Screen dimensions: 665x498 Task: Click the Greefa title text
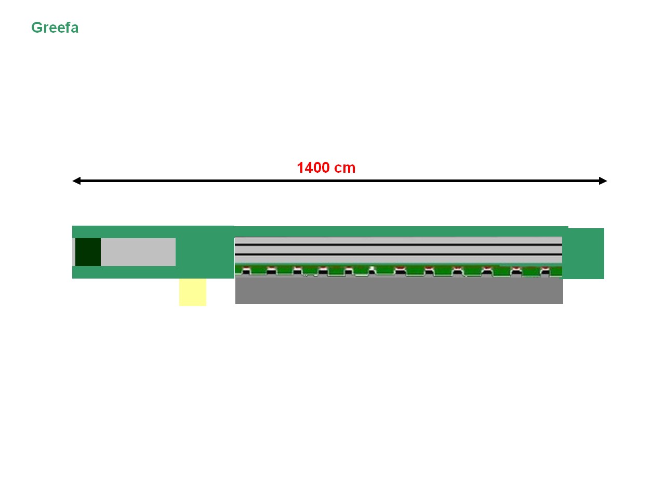coord(55,28)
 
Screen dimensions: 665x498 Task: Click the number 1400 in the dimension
coord(313,168)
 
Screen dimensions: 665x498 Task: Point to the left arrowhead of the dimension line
coord(76,181)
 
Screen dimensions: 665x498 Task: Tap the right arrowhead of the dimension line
coord(603,181)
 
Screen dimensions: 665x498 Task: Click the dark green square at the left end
coord(88,252)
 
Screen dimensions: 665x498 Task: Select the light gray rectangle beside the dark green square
coord(138,252)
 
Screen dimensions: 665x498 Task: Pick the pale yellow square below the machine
coord(193,293)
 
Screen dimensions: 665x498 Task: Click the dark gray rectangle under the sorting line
coord(399,291)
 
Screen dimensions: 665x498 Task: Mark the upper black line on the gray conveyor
coord(398,245)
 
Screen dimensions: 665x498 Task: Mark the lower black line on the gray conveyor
coord(398,255)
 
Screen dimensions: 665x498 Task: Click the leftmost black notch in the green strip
coord(246,272)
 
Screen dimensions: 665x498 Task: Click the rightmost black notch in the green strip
coord(545,272)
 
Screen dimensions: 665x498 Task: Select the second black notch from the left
coord(271,272)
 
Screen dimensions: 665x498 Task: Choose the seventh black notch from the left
coord(400,272)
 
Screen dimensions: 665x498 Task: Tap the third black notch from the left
coord(297,272)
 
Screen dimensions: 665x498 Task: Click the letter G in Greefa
coord(37,27)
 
